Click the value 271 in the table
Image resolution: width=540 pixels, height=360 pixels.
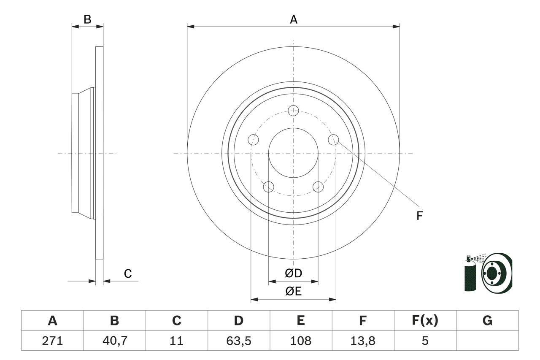(x=52, y=341)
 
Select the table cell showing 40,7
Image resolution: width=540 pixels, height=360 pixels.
(x=114, y=341)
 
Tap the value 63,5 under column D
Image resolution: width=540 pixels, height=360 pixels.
(x=239, y=341)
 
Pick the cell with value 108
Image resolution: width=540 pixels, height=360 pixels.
(x=301, y=341)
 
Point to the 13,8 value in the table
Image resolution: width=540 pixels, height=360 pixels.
(x=363, y=341)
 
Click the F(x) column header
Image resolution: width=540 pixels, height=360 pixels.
(x=425, y=321)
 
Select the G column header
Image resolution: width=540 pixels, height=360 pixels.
(x=487, y=321)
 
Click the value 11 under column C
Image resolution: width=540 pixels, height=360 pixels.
(x=176, y=341)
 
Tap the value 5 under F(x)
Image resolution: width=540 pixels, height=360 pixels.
(x=425, y=341)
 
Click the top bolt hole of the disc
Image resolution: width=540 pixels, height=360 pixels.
(x=293, y=111)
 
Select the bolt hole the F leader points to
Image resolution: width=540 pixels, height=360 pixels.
(x=333, y=139)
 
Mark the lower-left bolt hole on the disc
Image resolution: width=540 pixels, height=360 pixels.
(x=268, y=187)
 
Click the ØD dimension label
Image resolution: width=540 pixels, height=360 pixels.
(x=294, y=273)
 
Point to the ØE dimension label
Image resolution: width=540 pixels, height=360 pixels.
(x=294, y=292)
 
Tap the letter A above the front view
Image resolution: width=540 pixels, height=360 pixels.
(x=294, y=19)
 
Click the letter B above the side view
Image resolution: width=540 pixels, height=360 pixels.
(x=87, y=19)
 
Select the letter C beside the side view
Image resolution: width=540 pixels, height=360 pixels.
(x=128, y=274)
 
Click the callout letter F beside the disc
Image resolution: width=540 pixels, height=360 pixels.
(x=419, y=216)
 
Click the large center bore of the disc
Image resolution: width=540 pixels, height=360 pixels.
(x=293, y=153)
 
